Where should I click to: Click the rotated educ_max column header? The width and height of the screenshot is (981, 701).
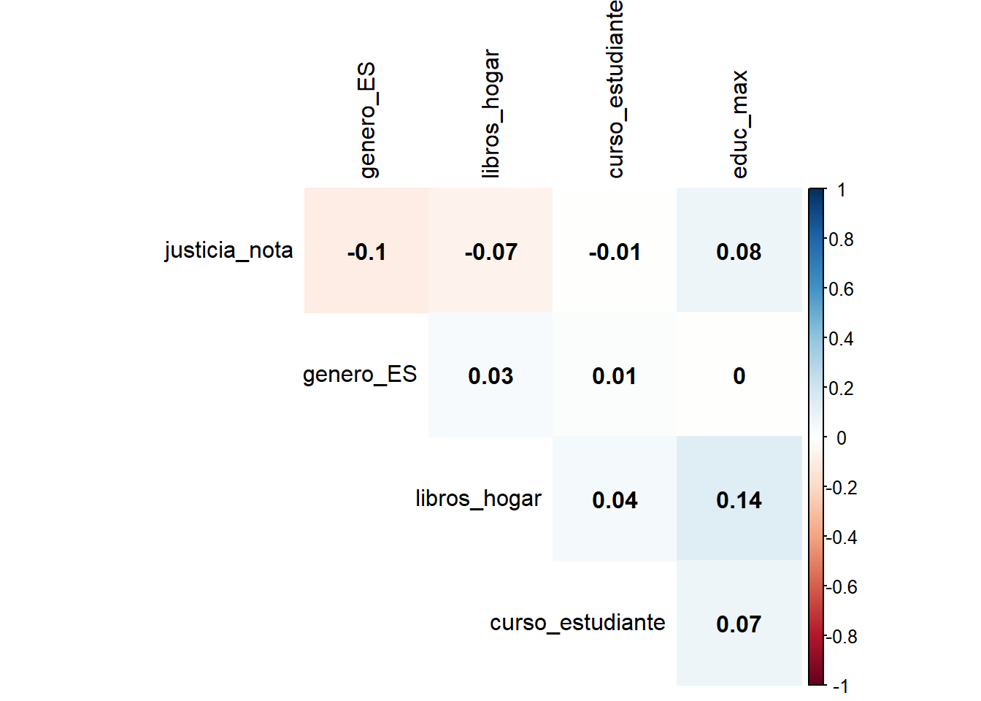(739, 124)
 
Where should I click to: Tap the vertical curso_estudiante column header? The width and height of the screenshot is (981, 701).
(615, 89)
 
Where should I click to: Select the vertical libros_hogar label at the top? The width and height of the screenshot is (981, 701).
(491, 114)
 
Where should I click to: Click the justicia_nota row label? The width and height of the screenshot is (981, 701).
(228, 250)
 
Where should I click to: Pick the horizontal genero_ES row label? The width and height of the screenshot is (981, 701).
(359, 375)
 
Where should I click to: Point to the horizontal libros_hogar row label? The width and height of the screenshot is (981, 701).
(478, 499)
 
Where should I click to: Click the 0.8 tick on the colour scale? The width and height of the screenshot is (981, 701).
(841, 240)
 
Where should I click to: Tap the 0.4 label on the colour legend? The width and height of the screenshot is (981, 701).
(841, 339)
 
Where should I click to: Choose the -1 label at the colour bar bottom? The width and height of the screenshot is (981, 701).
(841, 686)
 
